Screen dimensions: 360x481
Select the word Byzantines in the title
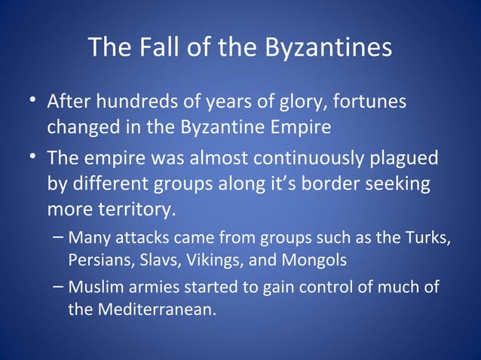tap(326, 48)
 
